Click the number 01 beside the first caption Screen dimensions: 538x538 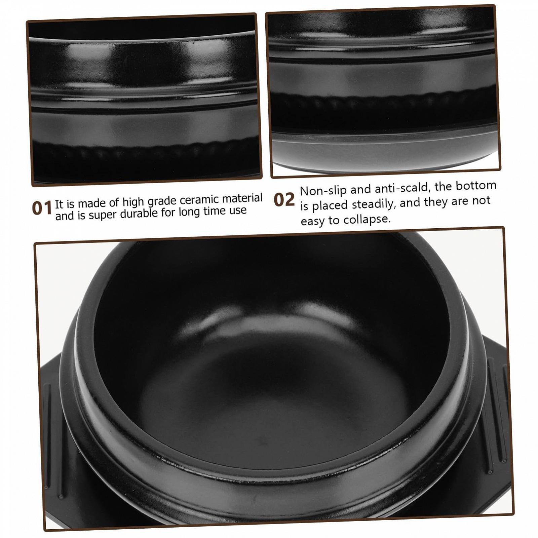click(42, 208)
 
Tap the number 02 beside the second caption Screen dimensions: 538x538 click(284, 200)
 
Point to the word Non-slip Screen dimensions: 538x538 click(323, 190)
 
